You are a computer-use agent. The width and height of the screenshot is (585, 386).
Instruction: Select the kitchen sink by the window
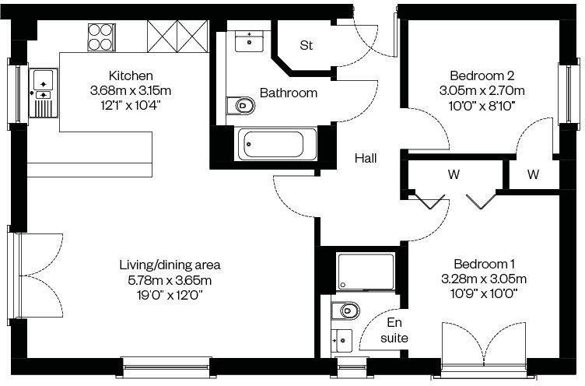pyautogui.click(x=42, y=79)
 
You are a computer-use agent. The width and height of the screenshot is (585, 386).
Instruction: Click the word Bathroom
pyautogui.click(x=288, y=93)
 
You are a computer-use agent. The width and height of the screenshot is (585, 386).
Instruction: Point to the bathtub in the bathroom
pyautogui.click(x=272, y=144)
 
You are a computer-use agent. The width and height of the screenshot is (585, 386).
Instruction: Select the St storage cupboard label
pyautogui.click(x=307, y=45)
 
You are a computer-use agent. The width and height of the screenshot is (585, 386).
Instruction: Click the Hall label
pyautogui.click(x=366, y=158)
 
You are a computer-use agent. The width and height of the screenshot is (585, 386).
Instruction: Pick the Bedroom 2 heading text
pyautogui.click(x=482, y=75)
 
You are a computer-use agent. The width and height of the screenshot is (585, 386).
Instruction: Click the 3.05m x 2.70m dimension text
pyautogui.click(x=482, y=89)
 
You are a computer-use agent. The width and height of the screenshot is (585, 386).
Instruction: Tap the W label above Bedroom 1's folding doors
pyautogui.click(x=453, y=175)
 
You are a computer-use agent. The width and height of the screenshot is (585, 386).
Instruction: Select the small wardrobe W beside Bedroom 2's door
pyautogui.click(x=533, y=175)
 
